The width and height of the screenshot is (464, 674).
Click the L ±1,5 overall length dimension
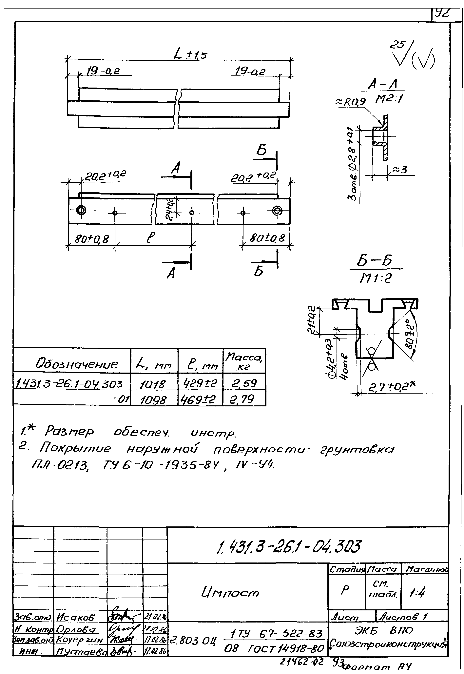point(190,54)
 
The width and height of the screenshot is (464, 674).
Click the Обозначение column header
point(77,364)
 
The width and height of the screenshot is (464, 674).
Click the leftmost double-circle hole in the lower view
point(81,210)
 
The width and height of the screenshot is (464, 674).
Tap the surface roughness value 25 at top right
point(397,45)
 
